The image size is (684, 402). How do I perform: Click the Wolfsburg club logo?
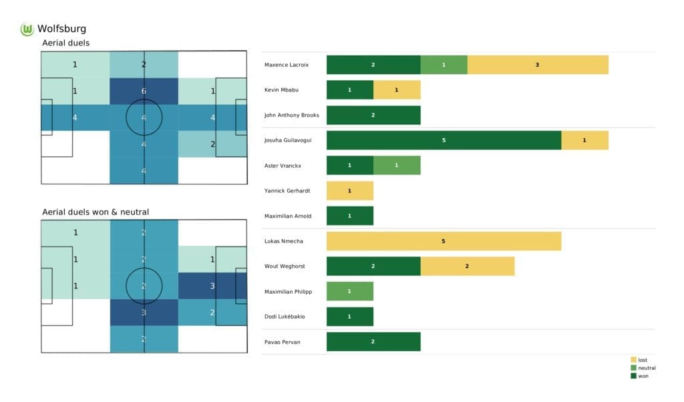click(27, 29)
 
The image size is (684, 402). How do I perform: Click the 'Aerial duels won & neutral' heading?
click(95, 212)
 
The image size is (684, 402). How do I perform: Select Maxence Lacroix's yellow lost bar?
click(538, 65)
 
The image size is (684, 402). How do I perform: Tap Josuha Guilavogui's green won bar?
click(444, 140)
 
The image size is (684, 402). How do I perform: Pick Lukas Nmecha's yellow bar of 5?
click(444, 241)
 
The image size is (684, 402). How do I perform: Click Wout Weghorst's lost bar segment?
click(467, 266)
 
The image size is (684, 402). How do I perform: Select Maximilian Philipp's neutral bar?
click(349, 291)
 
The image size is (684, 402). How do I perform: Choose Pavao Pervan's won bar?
click(373, 341)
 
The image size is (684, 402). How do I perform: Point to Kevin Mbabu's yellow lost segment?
click(397, 89)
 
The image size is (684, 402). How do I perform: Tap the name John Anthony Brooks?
click(292, 115)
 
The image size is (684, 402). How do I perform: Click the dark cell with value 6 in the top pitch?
click(144, 91)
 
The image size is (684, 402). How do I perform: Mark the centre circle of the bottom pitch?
click(144, 286)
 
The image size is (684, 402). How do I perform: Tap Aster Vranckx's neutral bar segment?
click(397, 166)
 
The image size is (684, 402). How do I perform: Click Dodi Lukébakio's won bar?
click(349, 317)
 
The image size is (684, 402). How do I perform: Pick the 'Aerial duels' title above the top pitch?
click(65, 43)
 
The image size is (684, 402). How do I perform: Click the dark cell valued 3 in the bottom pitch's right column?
click(212, 286)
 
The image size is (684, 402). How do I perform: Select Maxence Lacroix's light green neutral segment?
click(444, 65)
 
